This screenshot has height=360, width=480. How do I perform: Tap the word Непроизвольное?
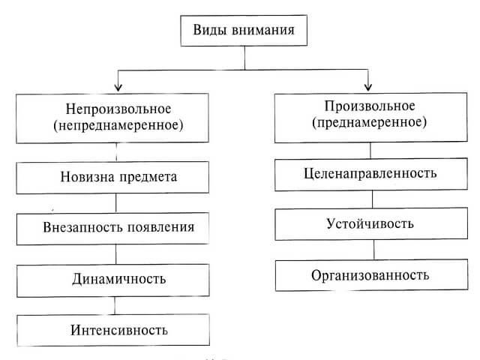point(115,109)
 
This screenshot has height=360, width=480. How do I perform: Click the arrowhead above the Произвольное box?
point(367,84)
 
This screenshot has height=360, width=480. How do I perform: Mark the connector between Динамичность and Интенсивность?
point(115,304)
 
